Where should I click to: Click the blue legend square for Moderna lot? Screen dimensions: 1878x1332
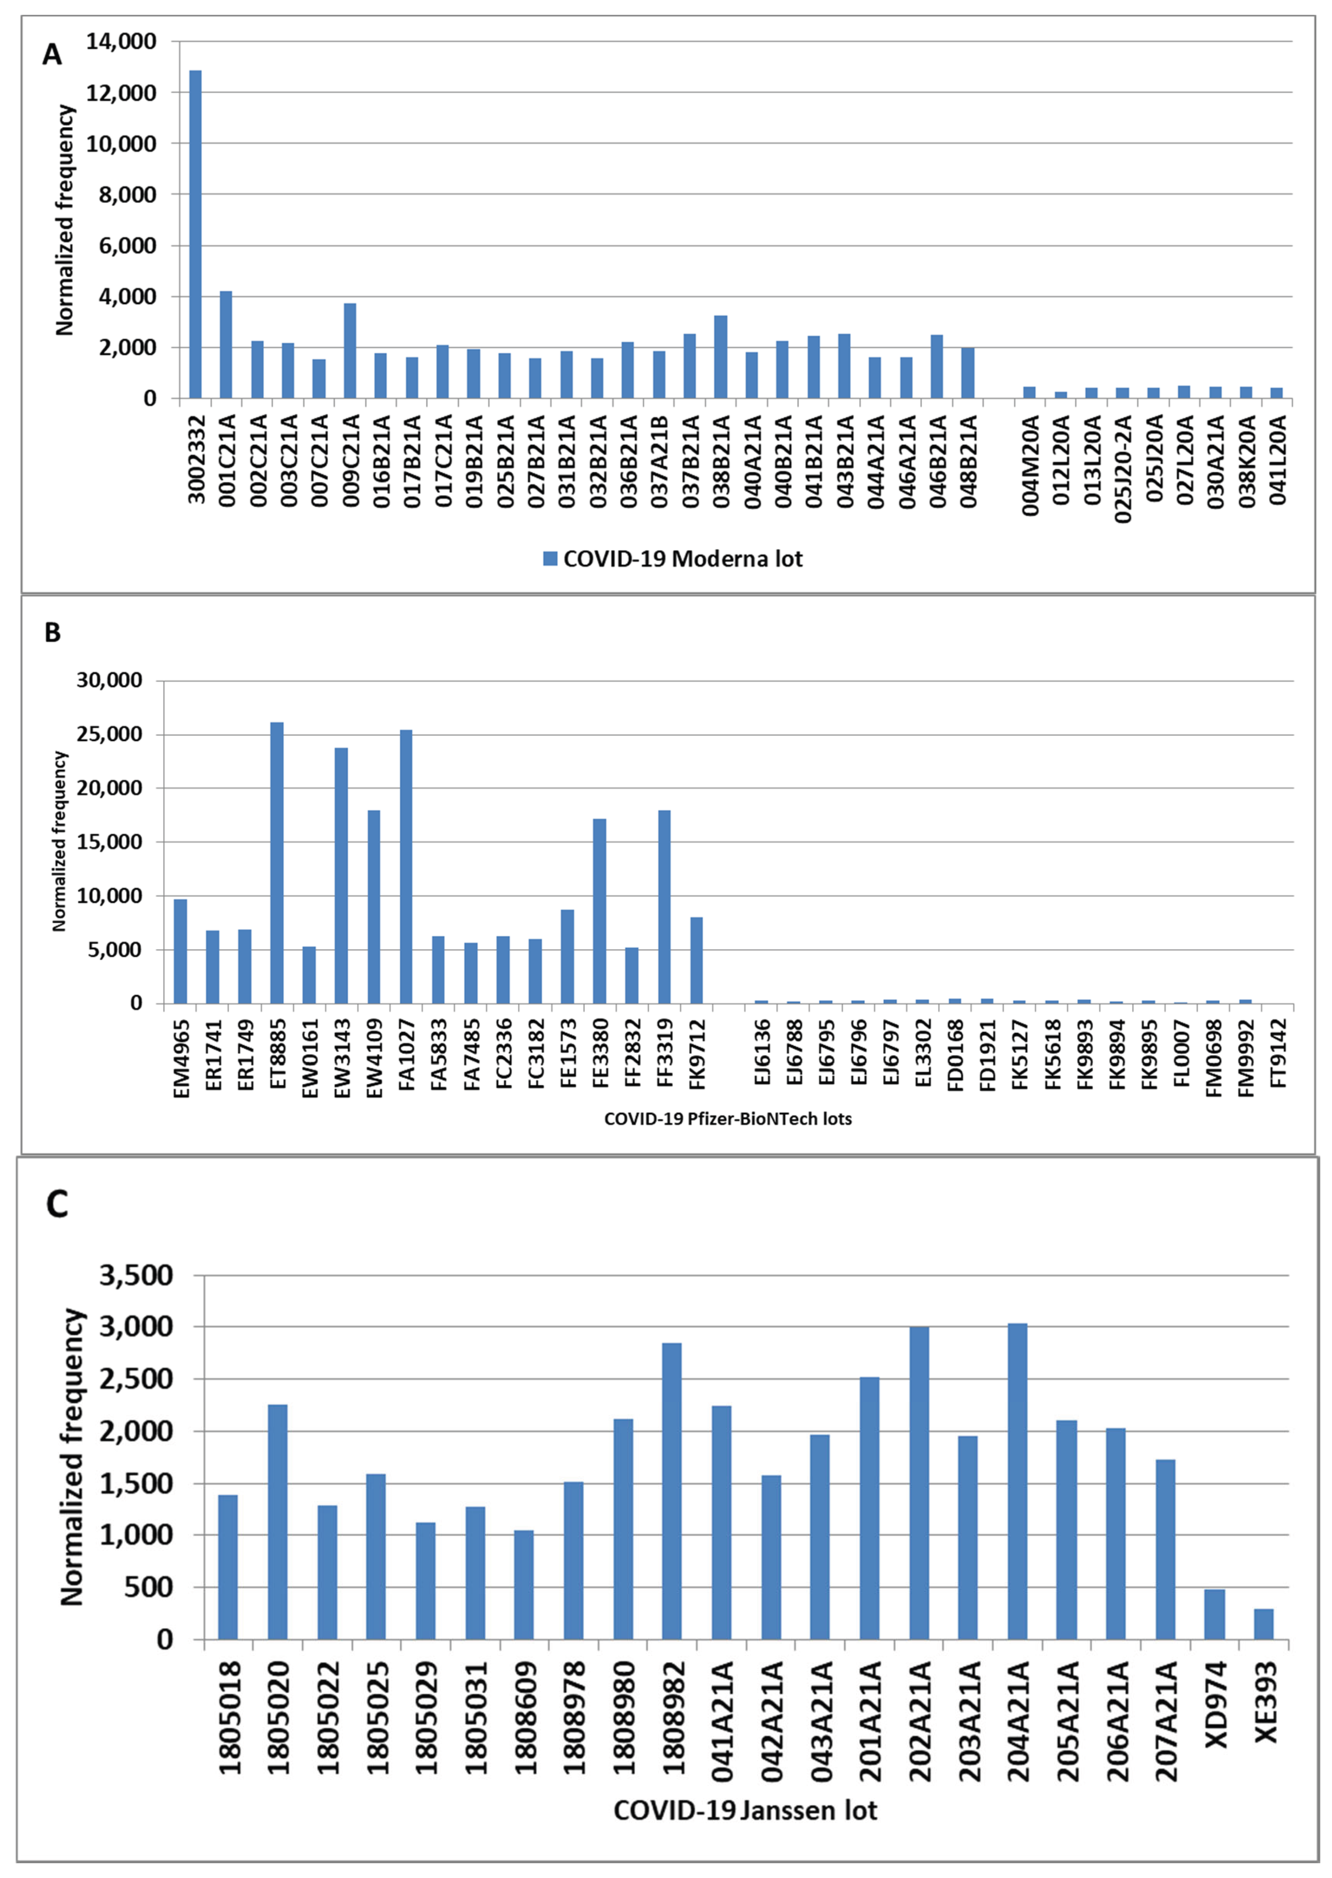(x=550, y=559)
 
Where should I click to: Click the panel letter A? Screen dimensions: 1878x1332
(x=52, y=55)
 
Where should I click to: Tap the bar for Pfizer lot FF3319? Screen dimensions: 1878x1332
(x=665, y=907)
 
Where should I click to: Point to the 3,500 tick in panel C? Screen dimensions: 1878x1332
(x=136, y=1276)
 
